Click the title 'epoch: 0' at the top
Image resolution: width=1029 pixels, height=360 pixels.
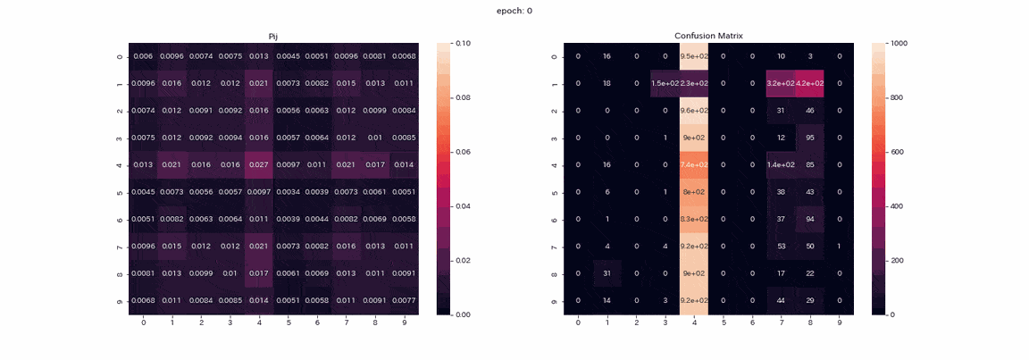pyautogui.click(x=514, y=11)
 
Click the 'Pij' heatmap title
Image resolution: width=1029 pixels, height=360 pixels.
pyautogui.click(x=274, y=36)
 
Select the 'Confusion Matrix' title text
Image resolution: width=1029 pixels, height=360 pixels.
pyautogui.click(x=708, y=36)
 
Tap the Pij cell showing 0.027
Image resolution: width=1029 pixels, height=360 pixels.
pyautogui.click(x=259, y=165)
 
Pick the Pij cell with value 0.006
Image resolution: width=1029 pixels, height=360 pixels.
pyautogui.click(x=143, y=56)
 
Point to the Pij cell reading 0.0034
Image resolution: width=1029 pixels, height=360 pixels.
pyautogui.click(x=288, y=192)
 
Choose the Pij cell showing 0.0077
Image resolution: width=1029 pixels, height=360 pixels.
pyautogui.click(x=404, y=300)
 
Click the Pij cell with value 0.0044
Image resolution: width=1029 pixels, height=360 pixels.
pyautogui.click(x=317, y=219)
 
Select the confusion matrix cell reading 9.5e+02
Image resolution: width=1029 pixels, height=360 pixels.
pyautogui.click(x=694, y=56)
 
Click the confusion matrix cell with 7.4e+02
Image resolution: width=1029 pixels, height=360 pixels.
pyautogui.click(x=694, y=165)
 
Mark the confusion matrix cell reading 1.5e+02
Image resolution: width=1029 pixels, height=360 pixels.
pyautogui.click(x=665, y=83)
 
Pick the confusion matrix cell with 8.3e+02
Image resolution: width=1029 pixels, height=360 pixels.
pyautogui.click(x=694, y=219)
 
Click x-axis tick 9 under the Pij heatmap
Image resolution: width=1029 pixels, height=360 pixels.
pyautogui.click(x=404, y=322)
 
